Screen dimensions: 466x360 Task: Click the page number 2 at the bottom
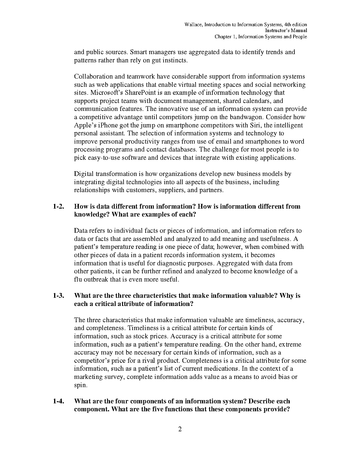point(180,429)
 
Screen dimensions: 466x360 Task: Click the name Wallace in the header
point(193,25)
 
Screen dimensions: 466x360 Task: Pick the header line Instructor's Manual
point(286,31)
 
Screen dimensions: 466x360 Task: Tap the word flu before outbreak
point(78,279)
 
